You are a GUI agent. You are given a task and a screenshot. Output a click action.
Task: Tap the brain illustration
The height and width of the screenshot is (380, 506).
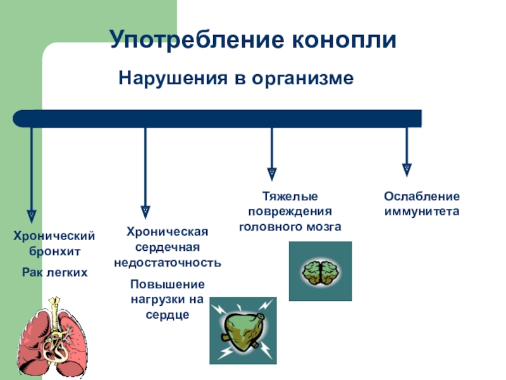click(x=320, y=271)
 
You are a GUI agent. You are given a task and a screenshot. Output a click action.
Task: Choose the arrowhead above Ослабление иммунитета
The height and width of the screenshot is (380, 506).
click(x=407, y=169)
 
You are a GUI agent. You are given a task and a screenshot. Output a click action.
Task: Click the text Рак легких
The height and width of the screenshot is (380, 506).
click(x=54, y=272)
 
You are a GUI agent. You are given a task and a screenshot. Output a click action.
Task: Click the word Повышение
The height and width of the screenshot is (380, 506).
click(x=168, y=283)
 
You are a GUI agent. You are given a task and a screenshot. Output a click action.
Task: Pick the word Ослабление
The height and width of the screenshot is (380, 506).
click(x=422, y=196)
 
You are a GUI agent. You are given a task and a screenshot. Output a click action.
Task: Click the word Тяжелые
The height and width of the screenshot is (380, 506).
click(x=290, y=197)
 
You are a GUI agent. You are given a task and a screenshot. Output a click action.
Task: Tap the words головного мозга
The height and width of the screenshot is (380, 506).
click(x=290, y=225)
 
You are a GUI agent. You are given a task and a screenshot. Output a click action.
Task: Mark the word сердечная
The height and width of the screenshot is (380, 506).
click(x=168, y=247)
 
